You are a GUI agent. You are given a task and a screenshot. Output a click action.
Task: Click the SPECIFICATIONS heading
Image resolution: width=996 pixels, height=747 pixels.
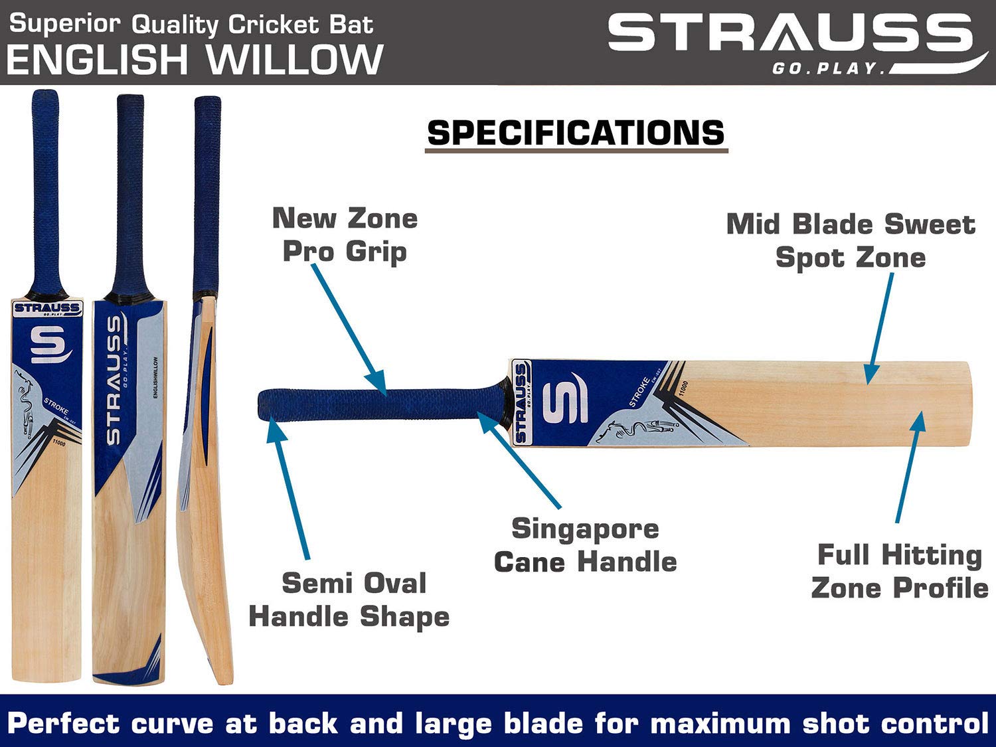pos(576,133)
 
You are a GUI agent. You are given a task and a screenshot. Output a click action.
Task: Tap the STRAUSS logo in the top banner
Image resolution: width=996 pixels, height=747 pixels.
pos(790,35)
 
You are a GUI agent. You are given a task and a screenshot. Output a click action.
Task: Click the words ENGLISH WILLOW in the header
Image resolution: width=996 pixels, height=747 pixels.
pos(195,60)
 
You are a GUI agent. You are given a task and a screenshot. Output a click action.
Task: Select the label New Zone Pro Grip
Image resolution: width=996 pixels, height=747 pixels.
pos(345,234)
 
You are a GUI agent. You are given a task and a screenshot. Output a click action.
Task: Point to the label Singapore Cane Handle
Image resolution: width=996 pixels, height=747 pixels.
pos(585,545)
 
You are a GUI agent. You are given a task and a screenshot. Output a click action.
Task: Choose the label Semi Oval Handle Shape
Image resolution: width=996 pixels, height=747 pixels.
pos(349,600)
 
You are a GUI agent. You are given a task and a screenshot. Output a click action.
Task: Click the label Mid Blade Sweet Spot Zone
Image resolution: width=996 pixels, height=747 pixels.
pos(851,240)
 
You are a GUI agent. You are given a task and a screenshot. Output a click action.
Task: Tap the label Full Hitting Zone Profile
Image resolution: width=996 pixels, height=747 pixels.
pos(899,571)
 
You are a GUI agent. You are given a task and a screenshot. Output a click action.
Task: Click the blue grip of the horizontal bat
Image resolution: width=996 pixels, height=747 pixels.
pos(378,406)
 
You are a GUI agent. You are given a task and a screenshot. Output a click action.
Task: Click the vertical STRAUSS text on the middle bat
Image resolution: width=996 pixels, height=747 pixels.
pos(114,380)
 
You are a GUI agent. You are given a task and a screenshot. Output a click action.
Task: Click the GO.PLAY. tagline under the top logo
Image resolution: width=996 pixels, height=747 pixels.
pos(827,68)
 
